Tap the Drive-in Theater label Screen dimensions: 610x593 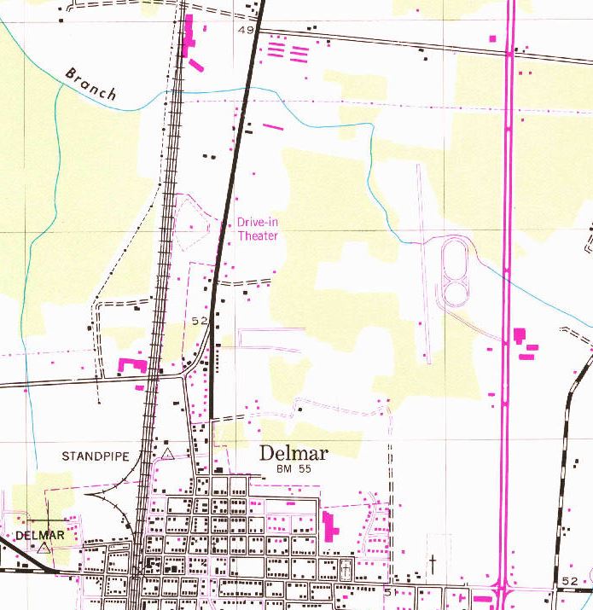click(x=258, y=229)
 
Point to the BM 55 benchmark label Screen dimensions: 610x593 click(x=295, y=470)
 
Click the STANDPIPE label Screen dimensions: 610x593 click(x=95, y=456)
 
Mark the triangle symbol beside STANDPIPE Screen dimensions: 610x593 click(x=168, y=454)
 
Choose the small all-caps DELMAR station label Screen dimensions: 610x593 click(x=40, y=535)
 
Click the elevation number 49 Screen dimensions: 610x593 click(x=247, y=31)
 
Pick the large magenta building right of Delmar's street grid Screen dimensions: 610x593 click(x=329, y=524)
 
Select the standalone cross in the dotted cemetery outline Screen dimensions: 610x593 click(x=433, y=563)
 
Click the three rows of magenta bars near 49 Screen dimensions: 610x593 click(x=287, y=52)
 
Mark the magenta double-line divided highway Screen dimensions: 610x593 click(x=509, y=213)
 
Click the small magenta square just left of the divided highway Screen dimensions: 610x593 click(x=492, y=38)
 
